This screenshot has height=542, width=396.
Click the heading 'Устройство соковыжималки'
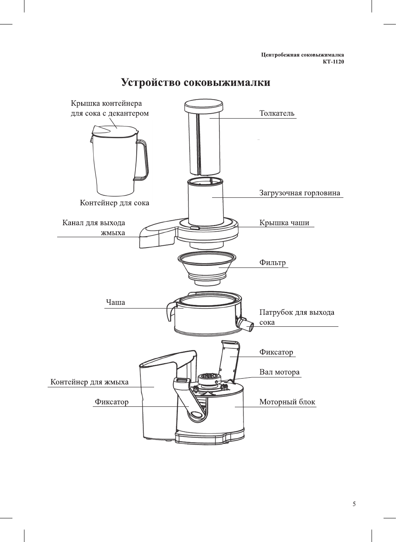coord(196,83)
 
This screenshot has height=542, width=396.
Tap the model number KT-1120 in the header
coord(333,62)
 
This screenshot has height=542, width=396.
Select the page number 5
coord(354,504)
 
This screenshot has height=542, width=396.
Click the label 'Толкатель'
coord(277,113)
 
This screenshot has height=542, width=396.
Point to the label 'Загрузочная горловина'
coord(299,193)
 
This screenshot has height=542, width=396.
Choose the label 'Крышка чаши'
coord(284,223)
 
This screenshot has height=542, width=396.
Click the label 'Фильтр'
coord(272,262)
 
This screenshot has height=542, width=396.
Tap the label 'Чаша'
coord(115,302)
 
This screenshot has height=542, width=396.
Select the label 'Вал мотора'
coord(279,372)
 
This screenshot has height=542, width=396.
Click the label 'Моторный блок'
coord(287,402)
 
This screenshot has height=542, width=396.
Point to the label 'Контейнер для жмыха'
coord(89,382)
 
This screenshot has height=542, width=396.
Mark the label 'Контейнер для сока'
coord(114,203)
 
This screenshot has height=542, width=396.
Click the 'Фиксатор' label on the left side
coord(111,402)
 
